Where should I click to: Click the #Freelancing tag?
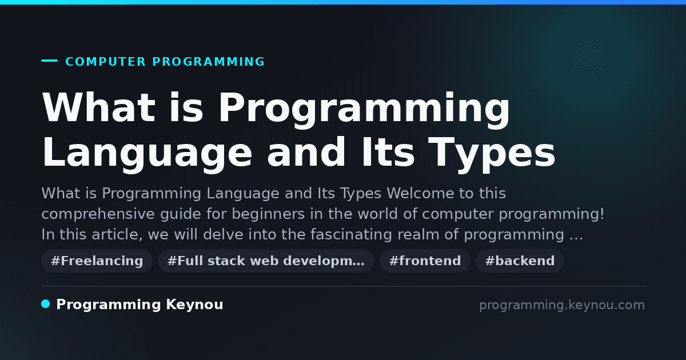[x=97, y=261]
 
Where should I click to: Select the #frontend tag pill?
[x=425, y=261]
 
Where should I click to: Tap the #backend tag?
[x=520, y=261]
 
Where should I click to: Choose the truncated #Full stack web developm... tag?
[x=266, y=261]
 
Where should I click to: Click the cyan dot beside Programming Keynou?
[x=46, y=304]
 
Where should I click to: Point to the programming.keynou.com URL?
[x=562, y=305]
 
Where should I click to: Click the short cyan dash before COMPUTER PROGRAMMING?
[x=49, y=61]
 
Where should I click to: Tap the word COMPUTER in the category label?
[x=105, y=62]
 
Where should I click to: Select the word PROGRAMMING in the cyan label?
[x=208, y=62]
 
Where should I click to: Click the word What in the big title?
[x=99, y=107]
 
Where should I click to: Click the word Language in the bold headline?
[x=147, y=153]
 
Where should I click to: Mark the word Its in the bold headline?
[x=388, y=153]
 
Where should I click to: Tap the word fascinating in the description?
[x=351, y=234]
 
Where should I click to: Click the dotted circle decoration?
[x=591, y=58]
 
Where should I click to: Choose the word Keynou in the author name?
[x=194, y=305]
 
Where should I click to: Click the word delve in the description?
[x=223, y=234]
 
